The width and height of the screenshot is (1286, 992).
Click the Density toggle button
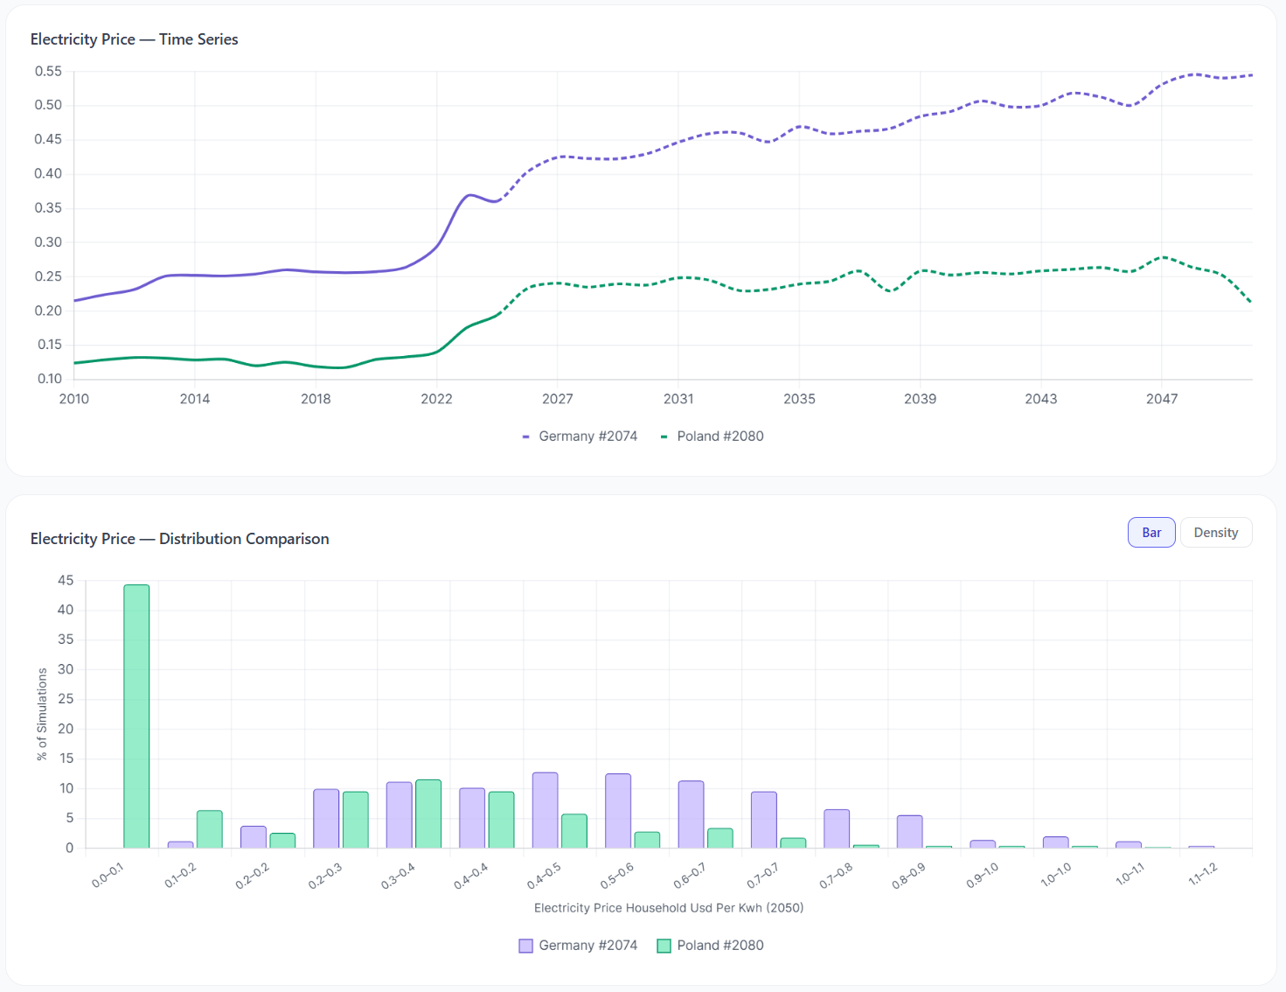point(1215,533)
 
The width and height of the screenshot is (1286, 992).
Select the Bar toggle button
point(1150,533)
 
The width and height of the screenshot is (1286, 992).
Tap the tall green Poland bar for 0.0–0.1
point(136,716)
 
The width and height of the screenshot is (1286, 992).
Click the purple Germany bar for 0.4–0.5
point(545,810)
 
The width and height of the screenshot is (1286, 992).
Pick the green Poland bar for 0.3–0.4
point(428,814)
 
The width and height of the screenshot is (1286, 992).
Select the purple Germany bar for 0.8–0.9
point(909,832)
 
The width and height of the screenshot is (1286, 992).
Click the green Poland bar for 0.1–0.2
point(210,829)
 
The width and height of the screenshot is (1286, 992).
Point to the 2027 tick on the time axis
point(557,399)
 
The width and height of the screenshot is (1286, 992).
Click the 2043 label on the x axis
point(1040,399)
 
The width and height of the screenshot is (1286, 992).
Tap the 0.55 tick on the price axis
point(48,72)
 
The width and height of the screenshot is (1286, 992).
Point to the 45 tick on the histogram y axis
point(66,580)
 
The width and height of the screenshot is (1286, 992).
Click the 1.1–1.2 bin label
point(1202,874)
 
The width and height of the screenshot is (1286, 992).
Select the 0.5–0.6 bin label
point(617,875)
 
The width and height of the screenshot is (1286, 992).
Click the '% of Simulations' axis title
point(42,714)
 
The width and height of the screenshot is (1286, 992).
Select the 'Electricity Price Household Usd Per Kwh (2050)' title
point(669,908)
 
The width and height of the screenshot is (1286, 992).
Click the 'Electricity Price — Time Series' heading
point(134,39)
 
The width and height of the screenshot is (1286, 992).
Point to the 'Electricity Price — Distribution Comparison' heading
point(179,539)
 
